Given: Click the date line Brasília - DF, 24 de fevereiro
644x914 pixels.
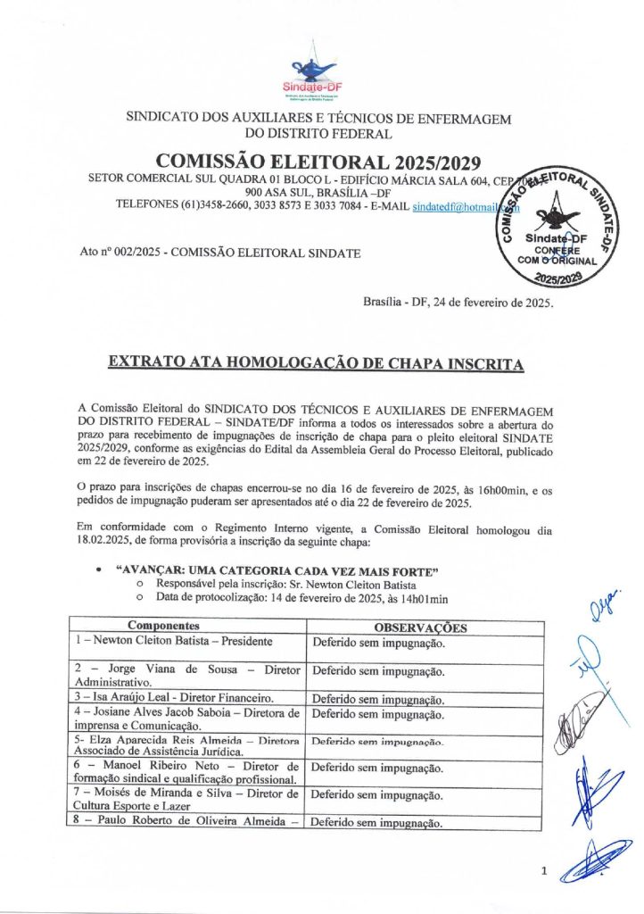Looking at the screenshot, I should coord(458,303).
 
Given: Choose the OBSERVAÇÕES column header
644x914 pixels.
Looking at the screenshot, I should coord(420,628).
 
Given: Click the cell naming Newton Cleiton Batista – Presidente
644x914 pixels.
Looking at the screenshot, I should coord(173,641).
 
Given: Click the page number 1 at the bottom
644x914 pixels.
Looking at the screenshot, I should coord(543,873).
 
